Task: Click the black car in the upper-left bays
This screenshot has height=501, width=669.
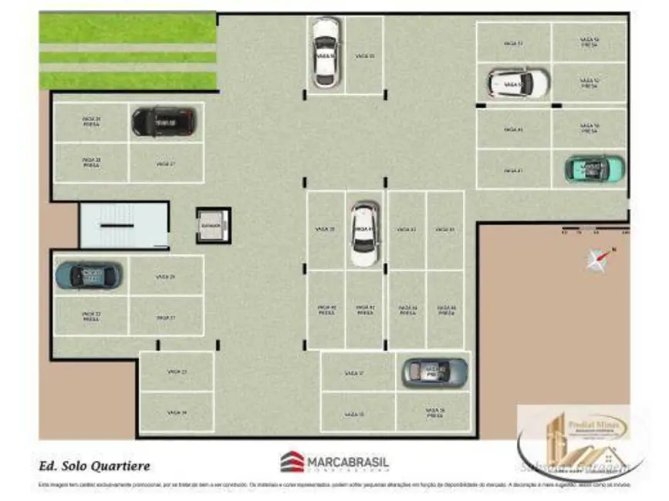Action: pyautogui.click(x=164, y=121)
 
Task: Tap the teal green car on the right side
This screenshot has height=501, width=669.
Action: pyautogui.click(x=594, y=169)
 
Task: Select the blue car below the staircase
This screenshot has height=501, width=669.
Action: pyautogui.click(x=89, y=275)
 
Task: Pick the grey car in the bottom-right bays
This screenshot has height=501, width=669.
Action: pyautogui.click(x=434, y=372)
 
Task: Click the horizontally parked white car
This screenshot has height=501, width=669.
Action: pyautogui.click(x=518, y=82)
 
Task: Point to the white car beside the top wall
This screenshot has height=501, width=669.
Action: pyautogui.click(x=326, y=52)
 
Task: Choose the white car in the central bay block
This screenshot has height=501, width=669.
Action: pyautogui.click(x=364, y=234)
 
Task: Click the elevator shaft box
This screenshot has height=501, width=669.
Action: pyautogui.click(x=212, y=225)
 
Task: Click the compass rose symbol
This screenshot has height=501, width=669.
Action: pyautogui.click(x=596, y=261)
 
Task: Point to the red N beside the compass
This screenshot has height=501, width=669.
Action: pyautogui.click(x=614, y=249)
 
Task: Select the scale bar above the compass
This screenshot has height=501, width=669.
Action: pyautogui.click(x=594, y=230)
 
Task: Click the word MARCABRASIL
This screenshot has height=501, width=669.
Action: pyautogui.click(x=349, y=462)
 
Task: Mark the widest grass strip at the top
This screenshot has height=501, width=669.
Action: pyautogui.click(x=127, y=29)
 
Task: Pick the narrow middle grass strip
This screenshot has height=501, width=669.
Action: pyautogui.click(x=127, y=57)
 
